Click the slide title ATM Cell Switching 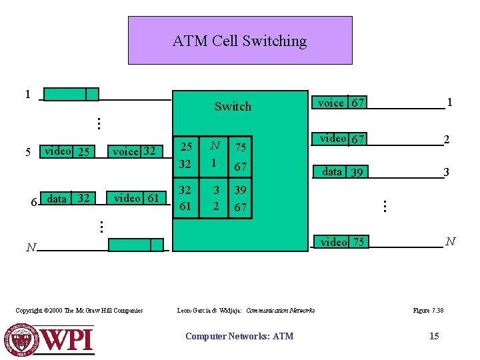[239, 41]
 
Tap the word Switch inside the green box [233, 107]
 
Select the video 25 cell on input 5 [67, 151]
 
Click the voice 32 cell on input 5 [134, 151]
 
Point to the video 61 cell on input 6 [136, 198]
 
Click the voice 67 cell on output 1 [341, 103]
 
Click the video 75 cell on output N [342, 242]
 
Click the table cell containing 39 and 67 [240, 198]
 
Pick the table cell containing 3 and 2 [215, 198]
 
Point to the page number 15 [434, 336]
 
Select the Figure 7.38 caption [429, 310]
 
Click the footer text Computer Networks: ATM [239, 336]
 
